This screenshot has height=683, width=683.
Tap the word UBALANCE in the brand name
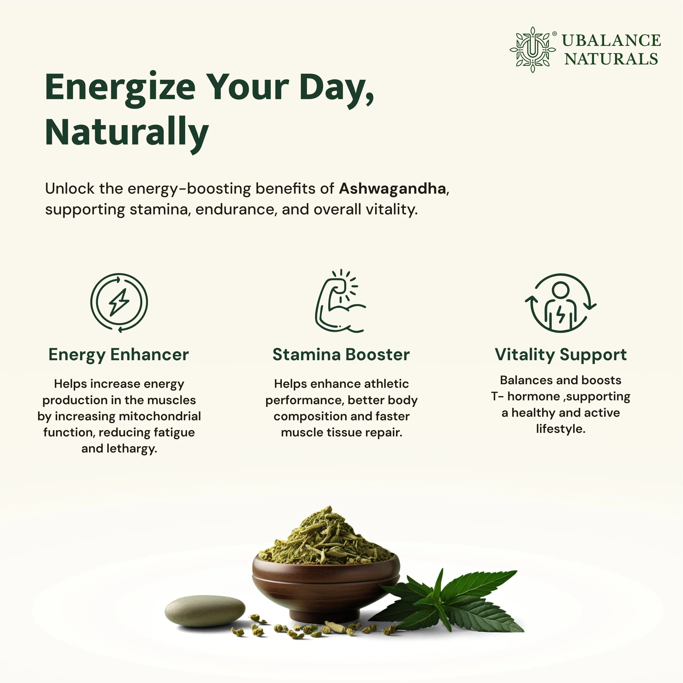pyautogui.click(x=611, y=41)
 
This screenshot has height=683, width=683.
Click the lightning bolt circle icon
pyautogui.click(x=119, y=303)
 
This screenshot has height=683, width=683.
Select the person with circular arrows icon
pyautogui.click(x=560, y=303)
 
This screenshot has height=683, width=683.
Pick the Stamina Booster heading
pyautogui.click(x=341, y=354)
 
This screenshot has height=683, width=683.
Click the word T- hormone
pyautogui.click(x=526, y=396)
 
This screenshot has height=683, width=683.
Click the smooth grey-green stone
pyautogui.click(x=205, y=611)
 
